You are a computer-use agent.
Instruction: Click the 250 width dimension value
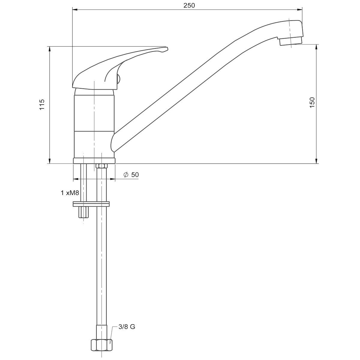pyautogui.click(x=189, y=5)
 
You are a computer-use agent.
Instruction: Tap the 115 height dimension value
pyautogui.click(x=42, y=104)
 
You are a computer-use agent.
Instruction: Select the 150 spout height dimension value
pyautogui.click(x=312, y=102)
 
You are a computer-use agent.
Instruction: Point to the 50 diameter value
pyautogui.click(x=135, y=175)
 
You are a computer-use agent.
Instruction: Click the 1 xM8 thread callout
pyautogui.click(x=70, y=193)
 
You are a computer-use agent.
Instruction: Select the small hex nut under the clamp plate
pyautogui.click(x=83, y=212)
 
